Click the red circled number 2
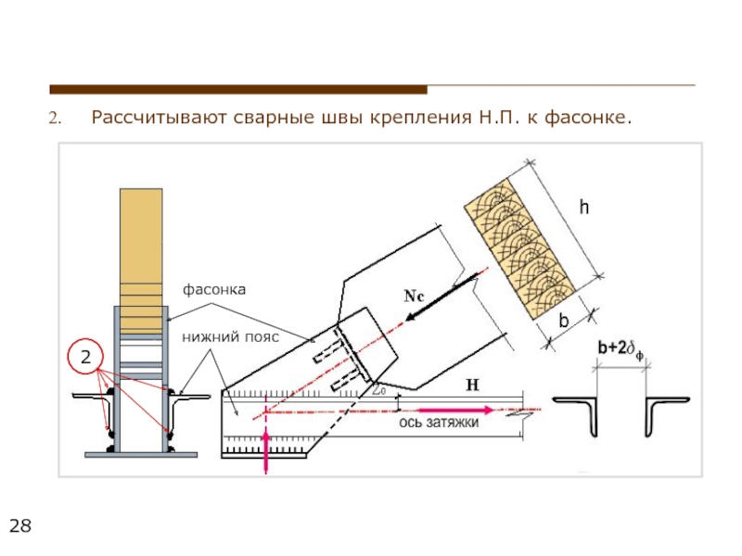click(83, 358)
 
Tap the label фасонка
click(214, 290)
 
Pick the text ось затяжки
click(439, 423)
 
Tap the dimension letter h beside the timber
click(583, 209)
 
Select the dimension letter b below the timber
click(562, 322)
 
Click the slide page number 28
click(19, 527)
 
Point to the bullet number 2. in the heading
click(55, 119)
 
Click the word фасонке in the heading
click(587, 118)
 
